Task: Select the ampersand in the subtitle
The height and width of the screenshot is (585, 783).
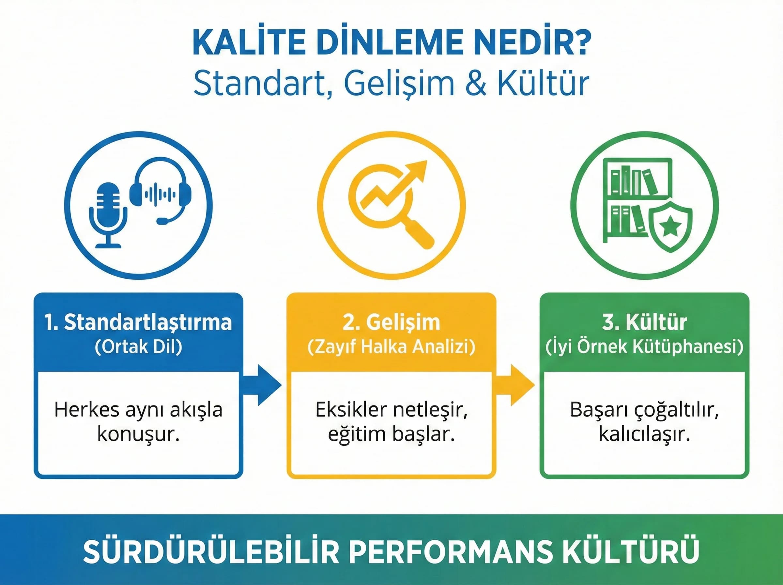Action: pos(476,84)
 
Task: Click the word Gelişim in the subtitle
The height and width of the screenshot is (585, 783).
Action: pos(399,84)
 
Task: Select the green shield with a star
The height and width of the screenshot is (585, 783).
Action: pos(670,227)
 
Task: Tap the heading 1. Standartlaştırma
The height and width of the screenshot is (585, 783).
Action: pos(138,322)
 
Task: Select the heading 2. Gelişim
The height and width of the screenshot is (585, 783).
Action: pos(391,322)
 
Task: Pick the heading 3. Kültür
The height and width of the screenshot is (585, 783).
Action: pos(644,322)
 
